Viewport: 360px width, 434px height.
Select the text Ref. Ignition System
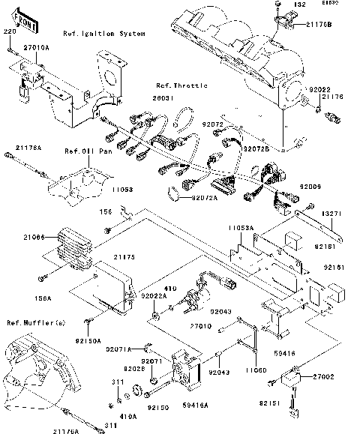tap(104, 34)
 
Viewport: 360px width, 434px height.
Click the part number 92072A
tap(203, 198)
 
